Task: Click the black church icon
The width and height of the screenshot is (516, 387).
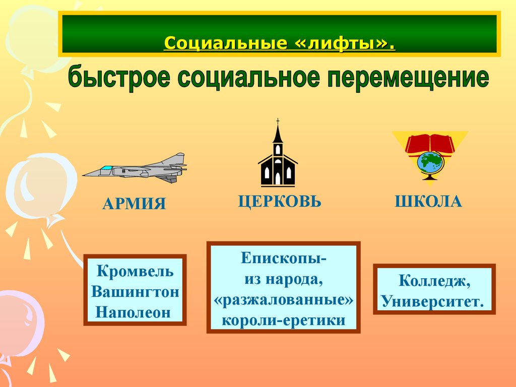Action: [278, 161]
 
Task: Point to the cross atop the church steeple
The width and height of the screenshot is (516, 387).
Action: [278, 121]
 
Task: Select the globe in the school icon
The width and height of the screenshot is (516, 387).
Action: [430, 162]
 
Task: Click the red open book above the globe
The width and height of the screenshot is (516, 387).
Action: [430, 143]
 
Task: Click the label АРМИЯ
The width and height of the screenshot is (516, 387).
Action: [134, 204]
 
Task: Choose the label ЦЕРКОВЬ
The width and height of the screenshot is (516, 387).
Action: [280, 202]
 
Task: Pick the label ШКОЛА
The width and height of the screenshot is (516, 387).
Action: [428, 202]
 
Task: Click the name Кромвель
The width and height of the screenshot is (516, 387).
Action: [135, 272]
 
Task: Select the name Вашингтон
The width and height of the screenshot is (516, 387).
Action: [135, 292]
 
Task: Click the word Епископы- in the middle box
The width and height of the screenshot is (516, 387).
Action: [283, 259]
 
